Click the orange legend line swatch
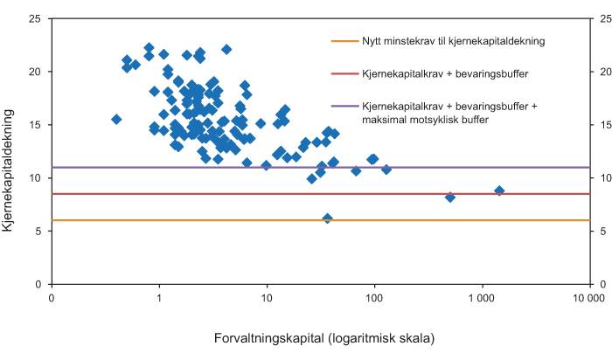pyautogui.click(x=344, y=40)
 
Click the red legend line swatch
pyautogui.click(x=344, y=73)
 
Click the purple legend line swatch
pyautogui.click(x=344, y=106)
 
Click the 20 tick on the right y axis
pyautogui.click(x=602, y=72)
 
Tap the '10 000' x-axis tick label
pyautogui.click(x=588, y=299)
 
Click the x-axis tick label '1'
pyautogui.click(x=159, y=299)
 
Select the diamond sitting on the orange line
pyautogui.click(x=328, y=218)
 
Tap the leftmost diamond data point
pyautogui.click(x=116, y=119)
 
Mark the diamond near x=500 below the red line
pyautogui.click(x=450, y=197)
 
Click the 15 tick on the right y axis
pyautogui.click(x=602, y=125)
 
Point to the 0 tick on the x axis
pyautogui.click(x=52, y=299)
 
